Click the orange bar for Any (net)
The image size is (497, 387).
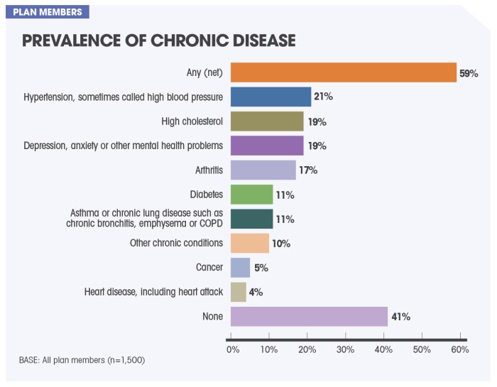coord(344,72)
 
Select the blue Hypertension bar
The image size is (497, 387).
coord(271,97)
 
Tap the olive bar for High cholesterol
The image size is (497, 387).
coord(267,121)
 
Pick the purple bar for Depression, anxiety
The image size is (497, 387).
coord(267,146)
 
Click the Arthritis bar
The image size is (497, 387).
coord(263,170)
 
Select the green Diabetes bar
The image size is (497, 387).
coord(251,194)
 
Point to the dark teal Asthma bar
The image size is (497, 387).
coord(251,218)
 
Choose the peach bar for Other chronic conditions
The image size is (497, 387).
coord(250,243)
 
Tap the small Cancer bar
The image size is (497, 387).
coord(240,267)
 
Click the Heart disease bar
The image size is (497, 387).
coord(239,291)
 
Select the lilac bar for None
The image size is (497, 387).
coord(309,316)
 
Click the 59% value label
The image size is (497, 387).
coord(469,73)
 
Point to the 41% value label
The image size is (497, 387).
coord(400,317)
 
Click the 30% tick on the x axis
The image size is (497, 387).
coord(346,349)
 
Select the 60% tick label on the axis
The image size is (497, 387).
coord(460,349)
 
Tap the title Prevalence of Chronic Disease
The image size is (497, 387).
coord(158,40)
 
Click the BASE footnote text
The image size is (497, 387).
coord(82,360)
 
